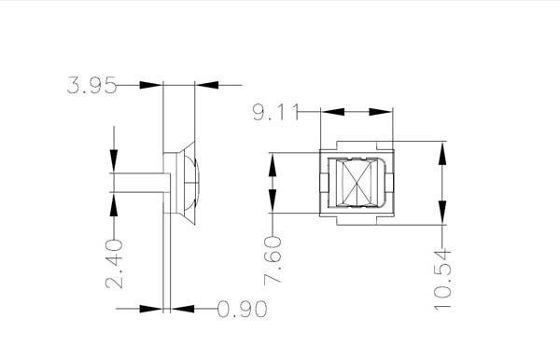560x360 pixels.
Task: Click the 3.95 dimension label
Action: coord(91,85)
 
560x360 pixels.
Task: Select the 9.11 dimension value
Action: coord(275,112)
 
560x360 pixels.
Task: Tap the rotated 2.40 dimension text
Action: coord(114,264)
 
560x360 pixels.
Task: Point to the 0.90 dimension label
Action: coord(242,309)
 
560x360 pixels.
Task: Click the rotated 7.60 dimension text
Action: coord(273,260)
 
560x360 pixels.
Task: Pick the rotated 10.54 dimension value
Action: coord(442,280)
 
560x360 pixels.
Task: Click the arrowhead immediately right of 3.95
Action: coord(151,85)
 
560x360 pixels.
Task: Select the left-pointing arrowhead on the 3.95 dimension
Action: coord(207,85)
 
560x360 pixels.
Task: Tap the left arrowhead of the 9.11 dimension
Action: coord(333,112)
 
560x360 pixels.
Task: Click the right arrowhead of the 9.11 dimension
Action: coord(381,112)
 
